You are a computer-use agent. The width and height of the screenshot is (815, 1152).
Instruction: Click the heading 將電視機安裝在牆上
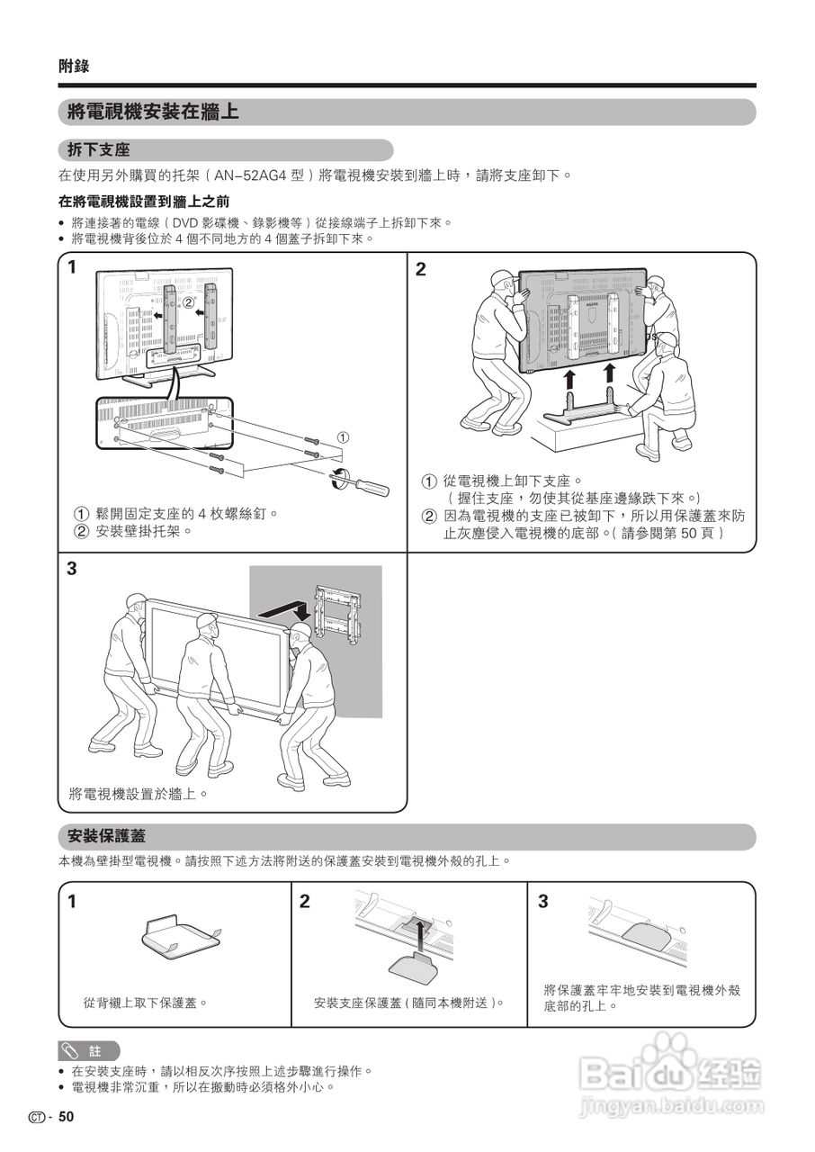[x=153, y=112]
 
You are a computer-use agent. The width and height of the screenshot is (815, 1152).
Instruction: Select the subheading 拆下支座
[x=99, y=150]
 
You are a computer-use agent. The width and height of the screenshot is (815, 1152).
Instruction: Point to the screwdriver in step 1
[x=364, y=482]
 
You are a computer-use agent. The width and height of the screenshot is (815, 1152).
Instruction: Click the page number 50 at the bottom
[x=66, y=1117]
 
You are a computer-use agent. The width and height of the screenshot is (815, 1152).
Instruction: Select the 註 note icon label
[x=90, y=1050]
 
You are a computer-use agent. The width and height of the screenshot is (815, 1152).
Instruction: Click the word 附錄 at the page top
[x=74, y=66]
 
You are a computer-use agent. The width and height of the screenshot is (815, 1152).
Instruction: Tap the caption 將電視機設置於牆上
[x=139, y=794]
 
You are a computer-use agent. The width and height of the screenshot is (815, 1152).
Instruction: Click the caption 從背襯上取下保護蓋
[x=146, y=1002]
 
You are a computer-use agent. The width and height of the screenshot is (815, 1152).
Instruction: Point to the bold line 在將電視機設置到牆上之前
[x=144, y=202]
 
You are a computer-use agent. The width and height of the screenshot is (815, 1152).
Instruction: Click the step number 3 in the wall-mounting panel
[x=72, y=569]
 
